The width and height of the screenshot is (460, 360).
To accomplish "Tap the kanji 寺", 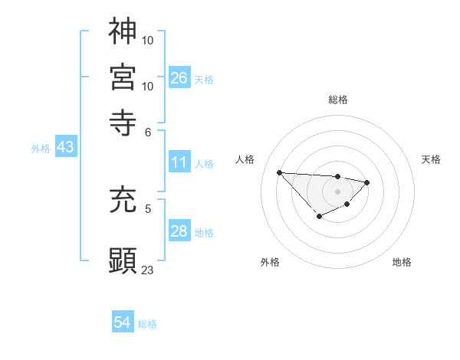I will click(x=123, y=119).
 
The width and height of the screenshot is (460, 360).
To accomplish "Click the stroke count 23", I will click(x=148, y=270).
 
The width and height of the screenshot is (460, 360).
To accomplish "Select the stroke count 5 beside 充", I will click(x=148, y=207).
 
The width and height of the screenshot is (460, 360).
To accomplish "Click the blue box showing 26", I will click(x=179, y=78).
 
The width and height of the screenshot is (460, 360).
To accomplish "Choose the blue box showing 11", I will click(x=179, y=162).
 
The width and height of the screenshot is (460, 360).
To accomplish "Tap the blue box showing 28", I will click(x=179, y=232).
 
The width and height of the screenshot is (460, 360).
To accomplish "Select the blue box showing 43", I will click(x=65, y=148).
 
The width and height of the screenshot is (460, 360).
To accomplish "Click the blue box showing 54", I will click(x=123, y=323).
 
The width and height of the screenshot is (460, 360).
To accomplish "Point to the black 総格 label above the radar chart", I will click(x=338, y=100).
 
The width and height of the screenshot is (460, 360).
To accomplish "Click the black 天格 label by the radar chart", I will click(x=431, y=159).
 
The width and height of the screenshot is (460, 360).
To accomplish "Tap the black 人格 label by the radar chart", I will click(x=245, y=159).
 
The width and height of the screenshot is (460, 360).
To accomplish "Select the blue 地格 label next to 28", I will click(x=204, y=233).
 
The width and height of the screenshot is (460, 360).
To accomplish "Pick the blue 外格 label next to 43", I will click(x=41, y=149).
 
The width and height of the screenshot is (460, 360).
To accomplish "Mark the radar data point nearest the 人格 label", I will click(x=279, y=172).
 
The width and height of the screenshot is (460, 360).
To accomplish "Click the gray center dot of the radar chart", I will click(x=337, y=190).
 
